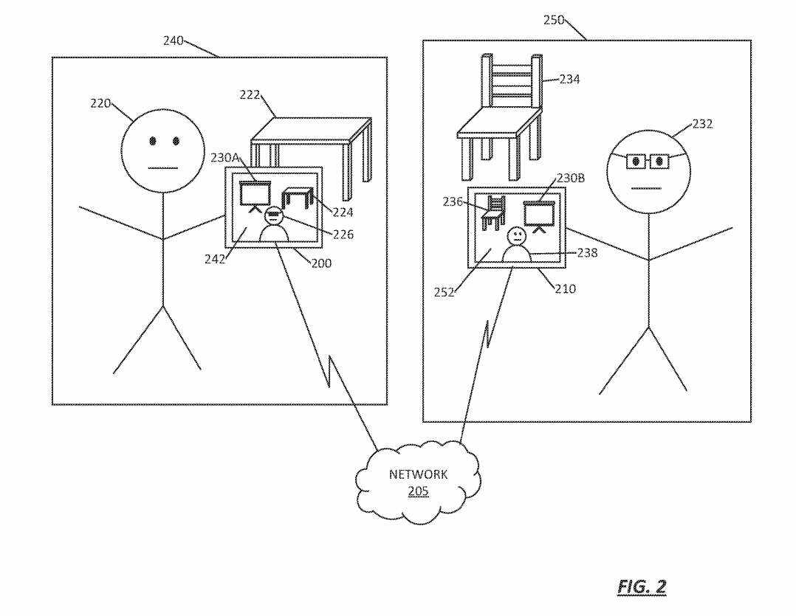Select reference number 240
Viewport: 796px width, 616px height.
point(174,41)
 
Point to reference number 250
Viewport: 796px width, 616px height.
point(554,21)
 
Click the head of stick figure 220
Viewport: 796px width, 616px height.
point(162,150)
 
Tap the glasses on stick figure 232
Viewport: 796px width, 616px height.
point(646,160)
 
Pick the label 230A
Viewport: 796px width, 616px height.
point(224,158)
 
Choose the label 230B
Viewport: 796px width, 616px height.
point(569,178)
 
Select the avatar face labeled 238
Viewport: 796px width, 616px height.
point(516,237)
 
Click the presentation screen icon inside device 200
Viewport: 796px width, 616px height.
point(253,195)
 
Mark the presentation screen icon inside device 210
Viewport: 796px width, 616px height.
point(538,214)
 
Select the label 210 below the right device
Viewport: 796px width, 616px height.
point(565,289)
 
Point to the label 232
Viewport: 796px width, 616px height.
point(702,124)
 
